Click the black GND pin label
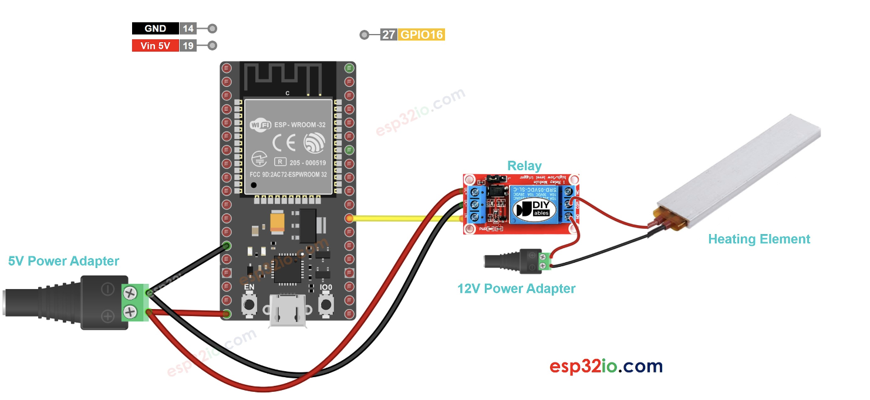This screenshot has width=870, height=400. pos(155,28)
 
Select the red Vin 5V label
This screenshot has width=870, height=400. pos(155,46)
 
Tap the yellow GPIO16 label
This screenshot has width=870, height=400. pos(421,35)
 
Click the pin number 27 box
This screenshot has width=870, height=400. pos(389,35)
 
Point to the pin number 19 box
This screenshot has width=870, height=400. pos(188,46)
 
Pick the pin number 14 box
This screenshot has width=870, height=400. pos(188,28)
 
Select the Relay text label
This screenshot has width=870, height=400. pos(524,166)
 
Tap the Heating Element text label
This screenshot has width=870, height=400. pos(758,239)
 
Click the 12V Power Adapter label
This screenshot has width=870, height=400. pos(516,289)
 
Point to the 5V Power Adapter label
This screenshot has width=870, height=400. pos(63,261)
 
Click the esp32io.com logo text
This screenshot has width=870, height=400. pos(606,367)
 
